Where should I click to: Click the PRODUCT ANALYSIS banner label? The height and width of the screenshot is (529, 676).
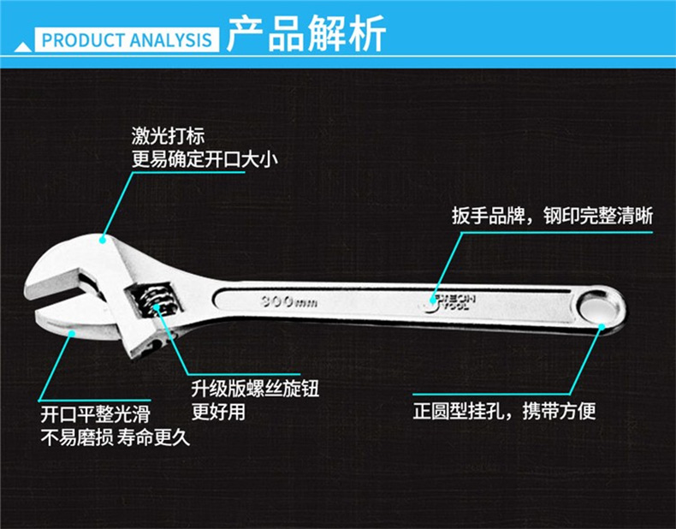click(x=126, y=40)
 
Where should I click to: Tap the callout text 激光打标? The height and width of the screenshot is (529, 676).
click(x=169, y=135)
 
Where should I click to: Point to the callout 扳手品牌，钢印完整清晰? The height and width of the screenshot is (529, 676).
click(x=552, y=216)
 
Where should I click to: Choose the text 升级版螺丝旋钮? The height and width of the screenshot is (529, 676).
click(x=255, y=389)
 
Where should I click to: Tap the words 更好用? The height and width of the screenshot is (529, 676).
click(x=218, y=412)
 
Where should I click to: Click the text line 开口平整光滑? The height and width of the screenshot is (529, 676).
click(x=95, y=415)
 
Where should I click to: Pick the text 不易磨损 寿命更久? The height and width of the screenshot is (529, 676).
click(x=116, y=438)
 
